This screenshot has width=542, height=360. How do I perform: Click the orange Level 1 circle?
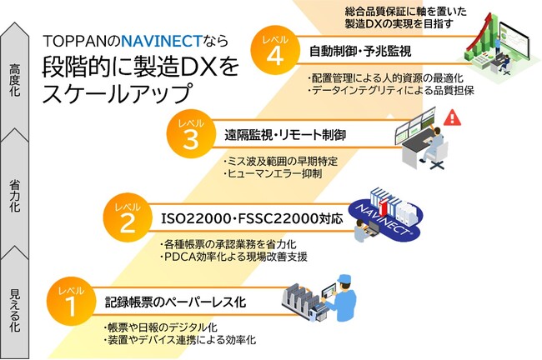coord(73,299)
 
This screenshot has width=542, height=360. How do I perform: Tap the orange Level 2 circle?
coord(126,218)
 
